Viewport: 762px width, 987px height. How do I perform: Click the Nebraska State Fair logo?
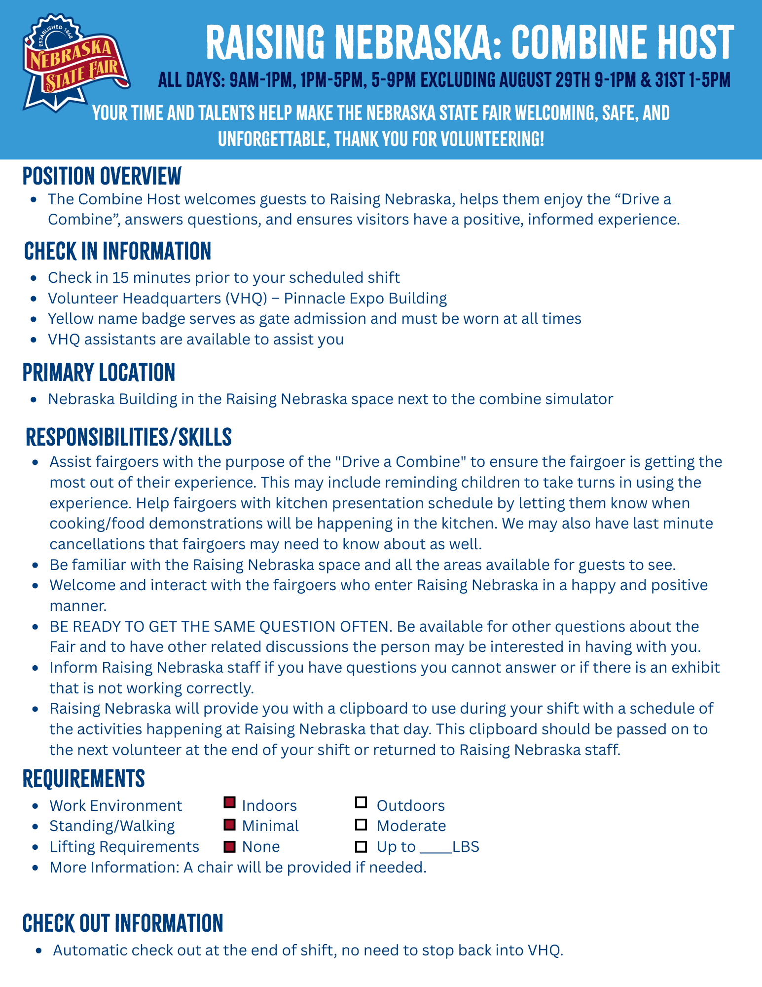(75, 62)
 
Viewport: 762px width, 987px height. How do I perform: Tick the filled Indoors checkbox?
(229, 803)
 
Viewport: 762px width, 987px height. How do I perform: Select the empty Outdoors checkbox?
(361, 803)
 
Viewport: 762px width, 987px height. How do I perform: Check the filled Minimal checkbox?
(229, 824)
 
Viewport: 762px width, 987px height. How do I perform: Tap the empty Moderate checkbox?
(361, 824)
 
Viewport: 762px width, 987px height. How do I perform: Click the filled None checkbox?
(229, 847)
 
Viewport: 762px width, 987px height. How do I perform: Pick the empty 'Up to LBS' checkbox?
(361, 847)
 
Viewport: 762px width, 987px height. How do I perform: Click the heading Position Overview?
(102, 176)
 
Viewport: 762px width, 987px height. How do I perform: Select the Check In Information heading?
(117, 251)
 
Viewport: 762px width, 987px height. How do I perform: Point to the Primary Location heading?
(99, 373)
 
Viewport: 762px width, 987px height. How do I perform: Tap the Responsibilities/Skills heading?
(129, 437)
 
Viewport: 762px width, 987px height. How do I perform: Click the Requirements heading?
(84, 779)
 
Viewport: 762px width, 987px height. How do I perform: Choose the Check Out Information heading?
(123, 923)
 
